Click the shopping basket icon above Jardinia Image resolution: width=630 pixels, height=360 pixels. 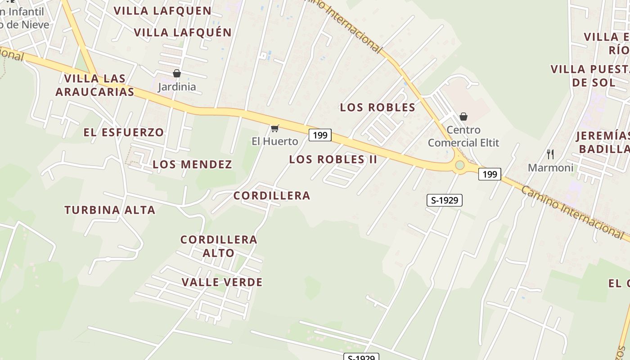(x=177, y=73)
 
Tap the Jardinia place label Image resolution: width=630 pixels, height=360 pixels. (x=177, y=87)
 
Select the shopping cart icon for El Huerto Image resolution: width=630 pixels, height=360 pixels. (x=274, y=129)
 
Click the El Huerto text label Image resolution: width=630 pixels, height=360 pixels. (x=274, y=141)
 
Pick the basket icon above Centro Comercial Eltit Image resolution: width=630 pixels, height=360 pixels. (x=463, y=117)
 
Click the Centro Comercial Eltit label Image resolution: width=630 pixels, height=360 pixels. (x=463, y=136)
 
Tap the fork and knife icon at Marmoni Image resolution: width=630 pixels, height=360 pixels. (x=550, y=154)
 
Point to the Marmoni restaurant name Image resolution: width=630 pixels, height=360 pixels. (x=550, y=168)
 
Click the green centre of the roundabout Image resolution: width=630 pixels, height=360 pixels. (x=459, y=165)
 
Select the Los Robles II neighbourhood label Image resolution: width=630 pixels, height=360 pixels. (x=333, y=159)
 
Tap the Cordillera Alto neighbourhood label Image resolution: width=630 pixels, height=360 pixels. (x=219, y=246)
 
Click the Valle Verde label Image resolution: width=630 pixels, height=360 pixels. (x=222, y=282)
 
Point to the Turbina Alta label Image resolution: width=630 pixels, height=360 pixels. (x=110, y=210)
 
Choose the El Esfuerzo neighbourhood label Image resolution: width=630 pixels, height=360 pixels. (x=124, y=132)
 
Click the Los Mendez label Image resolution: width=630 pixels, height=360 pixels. (x=192, y=164)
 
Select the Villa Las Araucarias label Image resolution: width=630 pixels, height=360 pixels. (x=94, y=85)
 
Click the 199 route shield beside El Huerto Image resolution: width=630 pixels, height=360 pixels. (x=320, y=135)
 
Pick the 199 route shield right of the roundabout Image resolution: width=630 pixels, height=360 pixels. (x=490, y=174)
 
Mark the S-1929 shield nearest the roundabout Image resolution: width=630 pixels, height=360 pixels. (x=445, y=200)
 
